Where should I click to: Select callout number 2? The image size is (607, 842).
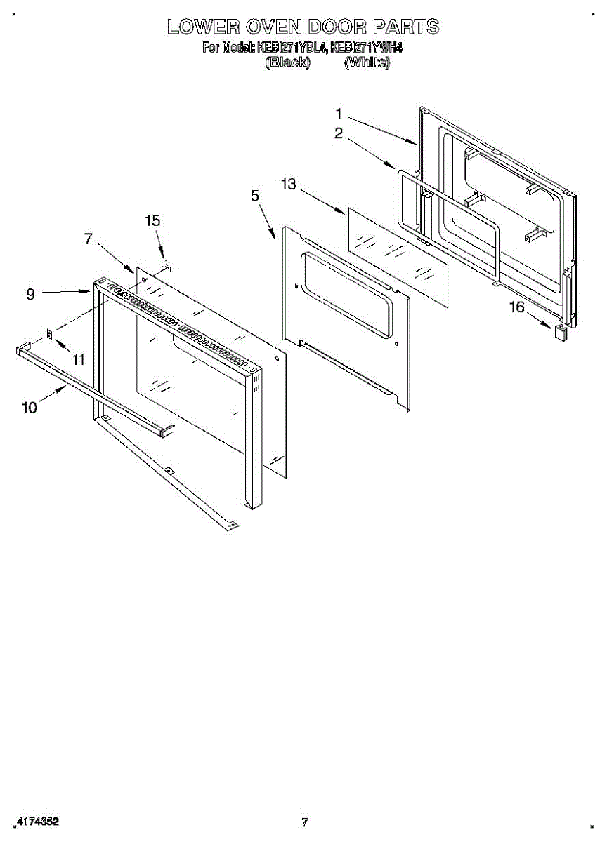coord(339,133)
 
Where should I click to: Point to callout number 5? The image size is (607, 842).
coord(255,196)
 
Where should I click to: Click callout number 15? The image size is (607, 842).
coord(152,220)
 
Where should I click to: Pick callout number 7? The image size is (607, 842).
coord(88,239)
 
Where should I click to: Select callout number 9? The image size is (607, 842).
coord(30,295)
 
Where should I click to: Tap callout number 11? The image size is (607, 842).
coord(78,359)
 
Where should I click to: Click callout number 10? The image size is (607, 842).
coord(30,407)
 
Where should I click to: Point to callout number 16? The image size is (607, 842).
coord(516,307)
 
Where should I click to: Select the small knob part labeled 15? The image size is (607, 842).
coord(167,265)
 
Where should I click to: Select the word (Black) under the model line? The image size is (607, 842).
coord(287,62)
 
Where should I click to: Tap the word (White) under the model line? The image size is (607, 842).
coord(367,62)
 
